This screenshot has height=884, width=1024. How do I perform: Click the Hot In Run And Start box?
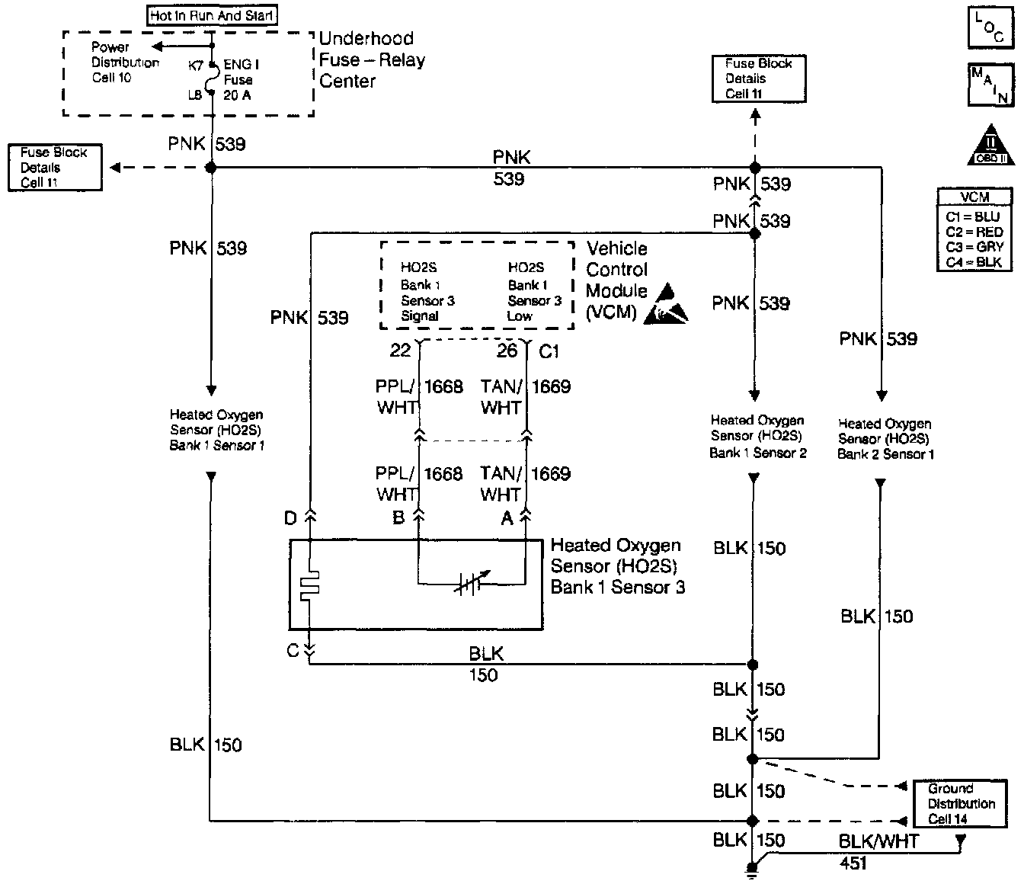click(x=212, y=15)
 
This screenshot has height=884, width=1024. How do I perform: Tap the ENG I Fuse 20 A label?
click(x=240, y=80)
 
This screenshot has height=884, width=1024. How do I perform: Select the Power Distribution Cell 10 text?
click(x=124, y=62)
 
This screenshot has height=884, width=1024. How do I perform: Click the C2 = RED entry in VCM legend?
click(x=974, y=232)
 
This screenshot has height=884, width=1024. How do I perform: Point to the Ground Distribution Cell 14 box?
click(x=962, y=804)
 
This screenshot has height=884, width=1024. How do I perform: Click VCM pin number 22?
click(x=401, y=350)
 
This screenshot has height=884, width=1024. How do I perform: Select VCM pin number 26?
click(x=507, y=350)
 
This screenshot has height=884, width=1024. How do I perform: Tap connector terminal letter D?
click(x=290, y=519)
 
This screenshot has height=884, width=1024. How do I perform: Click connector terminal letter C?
click(x=292, y=652)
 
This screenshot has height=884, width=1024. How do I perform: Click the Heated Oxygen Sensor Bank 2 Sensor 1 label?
click(x=885, y=439)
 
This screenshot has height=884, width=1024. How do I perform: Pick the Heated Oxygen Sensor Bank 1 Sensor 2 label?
click(x=757, y=437)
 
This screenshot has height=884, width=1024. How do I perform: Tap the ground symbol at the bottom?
click(x=752, y=870)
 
